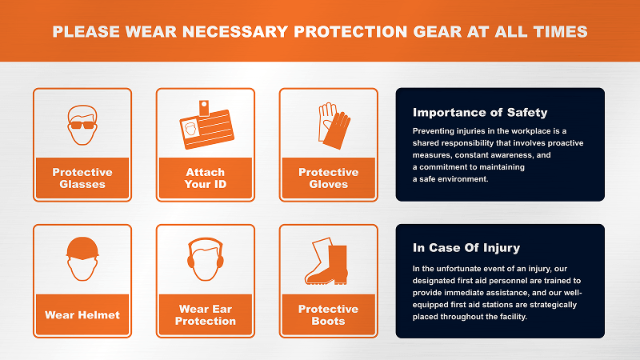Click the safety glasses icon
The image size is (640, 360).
pyautogui.click(x=82, y=125)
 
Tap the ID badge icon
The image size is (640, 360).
pyautogui.click(x=206, y=125)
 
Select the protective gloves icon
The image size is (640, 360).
pyautogui.click(x=334, y=126)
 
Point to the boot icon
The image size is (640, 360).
pyautogui.click(x=326, y=261)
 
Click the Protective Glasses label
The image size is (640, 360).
pyautogui.click(x=82, y=178)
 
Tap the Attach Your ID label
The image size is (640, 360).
pyautogui.click(x=206, y=178)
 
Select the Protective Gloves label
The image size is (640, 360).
pyautogui.click(x=329, y=178)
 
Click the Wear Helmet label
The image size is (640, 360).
pyautogui.click(x=82, y=314)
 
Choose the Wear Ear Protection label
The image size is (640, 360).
pyautogui.click(x=206, y=314)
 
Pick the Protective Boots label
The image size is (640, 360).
pyautogui.click(x=329, y=314)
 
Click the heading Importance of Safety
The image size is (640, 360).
pyautogui.click(x=480, y=112)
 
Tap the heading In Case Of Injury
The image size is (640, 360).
pyautogui.click(x=466, y=248)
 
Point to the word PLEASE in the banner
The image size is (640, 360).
pyautogui.click(x=86, y=31)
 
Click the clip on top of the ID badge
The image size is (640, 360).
pyautogui.click(x=204, y=108)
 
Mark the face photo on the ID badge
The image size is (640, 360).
pyautogui.click(x=190, y=130)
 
